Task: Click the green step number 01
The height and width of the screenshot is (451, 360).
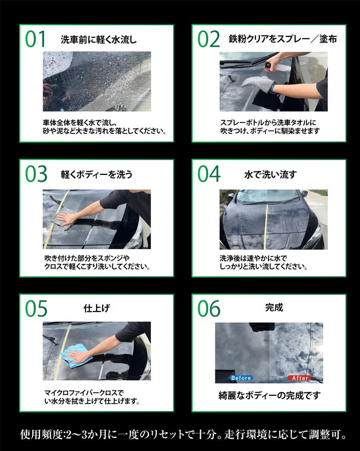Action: (x=35, y=39)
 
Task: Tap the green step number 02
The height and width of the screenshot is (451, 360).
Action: (x=208, y=39)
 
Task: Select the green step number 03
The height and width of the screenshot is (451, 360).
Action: (x=36, y=174)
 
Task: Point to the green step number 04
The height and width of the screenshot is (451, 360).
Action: (x=209, y=174)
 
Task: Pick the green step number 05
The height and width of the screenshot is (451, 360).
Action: (x=36, y=308)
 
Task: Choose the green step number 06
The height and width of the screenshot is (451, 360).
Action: (x=209, y=308)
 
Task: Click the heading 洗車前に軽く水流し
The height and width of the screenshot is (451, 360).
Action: (x=99, y=39)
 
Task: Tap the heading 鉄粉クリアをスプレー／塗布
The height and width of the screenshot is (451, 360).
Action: (x=283, y=39)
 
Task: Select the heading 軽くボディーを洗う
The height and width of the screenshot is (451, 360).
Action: (x=97, y=174)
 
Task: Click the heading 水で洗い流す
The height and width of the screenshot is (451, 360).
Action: (x=271, y=174)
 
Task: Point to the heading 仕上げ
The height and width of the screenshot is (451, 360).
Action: (x=97, y=308)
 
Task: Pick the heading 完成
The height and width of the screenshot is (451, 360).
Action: (x=274, y=307)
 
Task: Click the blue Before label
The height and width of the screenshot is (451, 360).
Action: (x=241, y=378)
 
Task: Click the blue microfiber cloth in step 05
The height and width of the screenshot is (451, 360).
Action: (x=76, y=356)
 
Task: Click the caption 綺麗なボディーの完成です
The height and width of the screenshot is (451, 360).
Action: (x=269, y=395)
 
